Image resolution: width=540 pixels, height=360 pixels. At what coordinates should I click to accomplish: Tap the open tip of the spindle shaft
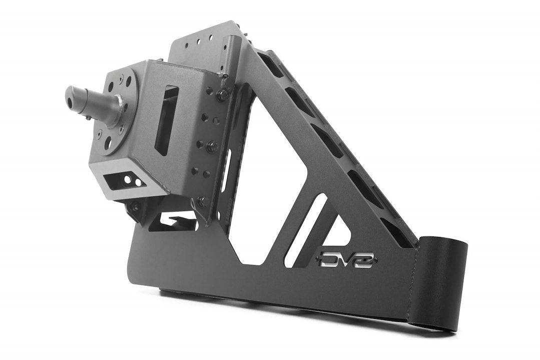[x=70, y=95]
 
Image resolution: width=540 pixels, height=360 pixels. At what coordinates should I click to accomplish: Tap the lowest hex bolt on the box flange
[x=201, y=202]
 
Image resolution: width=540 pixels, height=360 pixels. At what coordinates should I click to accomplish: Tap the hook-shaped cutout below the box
[x=173, y=220]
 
